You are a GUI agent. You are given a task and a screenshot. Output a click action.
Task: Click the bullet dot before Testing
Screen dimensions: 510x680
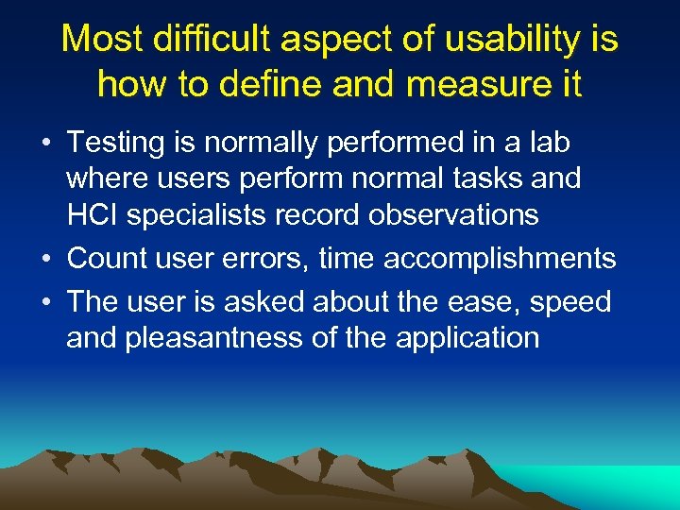click(45, 144)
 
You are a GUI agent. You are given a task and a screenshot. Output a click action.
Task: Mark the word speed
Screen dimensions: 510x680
click(570, 302)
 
